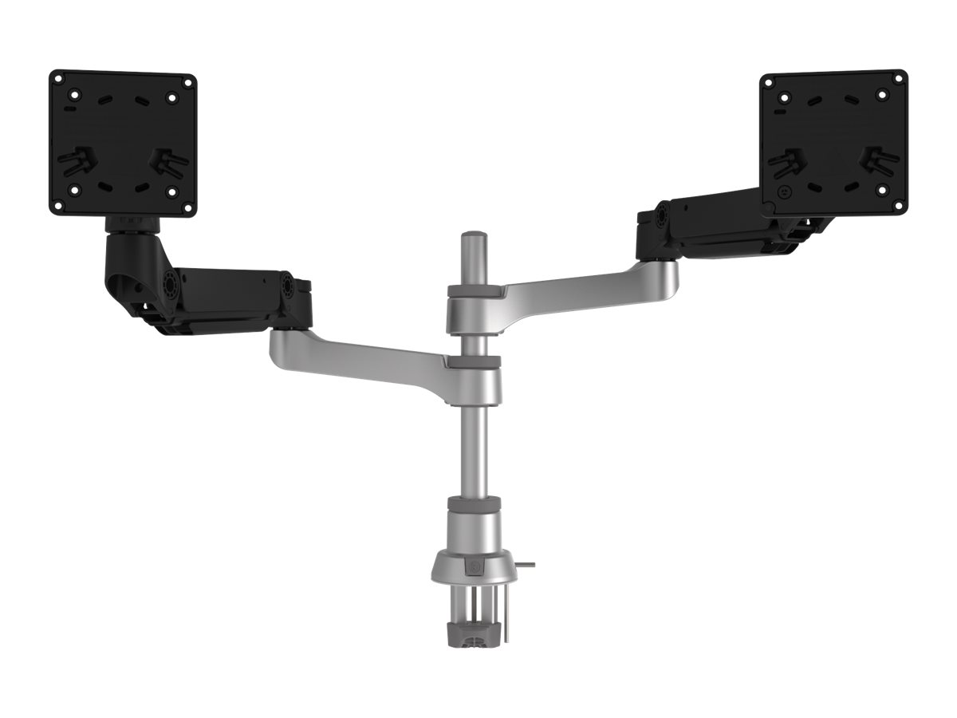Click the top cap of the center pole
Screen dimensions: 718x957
474,237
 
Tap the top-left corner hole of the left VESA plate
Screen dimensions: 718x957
60,81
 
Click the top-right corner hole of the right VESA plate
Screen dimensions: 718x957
898,78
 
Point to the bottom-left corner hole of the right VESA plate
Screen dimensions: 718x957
771,204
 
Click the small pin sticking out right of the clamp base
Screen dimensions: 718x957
526,566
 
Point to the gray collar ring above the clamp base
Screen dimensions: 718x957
474,503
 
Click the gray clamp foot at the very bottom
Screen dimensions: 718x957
474,638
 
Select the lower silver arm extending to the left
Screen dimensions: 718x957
359,355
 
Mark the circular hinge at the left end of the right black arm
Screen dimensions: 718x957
662,217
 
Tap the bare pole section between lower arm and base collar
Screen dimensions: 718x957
474,447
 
